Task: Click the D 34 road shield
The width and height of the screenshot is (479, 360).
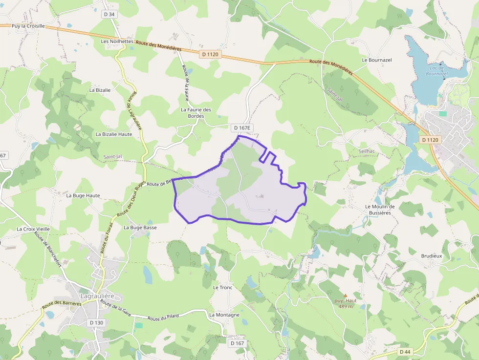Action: click(109, 14)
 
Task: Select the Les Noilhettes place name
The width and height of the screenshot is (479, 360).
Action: click(117, 42)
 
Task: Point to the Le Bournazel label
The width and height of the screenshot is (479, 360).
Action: click(377, 60)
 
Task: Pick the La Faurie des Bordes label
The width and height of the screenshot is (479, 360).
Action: click(196, 113)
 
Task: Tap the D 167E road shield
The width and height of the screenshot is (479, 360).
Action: click(242, 128)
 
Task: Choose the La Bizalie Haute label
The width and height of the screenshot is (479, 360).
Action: click(114, 134)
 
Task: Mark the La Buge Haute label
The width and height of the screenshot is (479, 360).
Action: click(83, 195)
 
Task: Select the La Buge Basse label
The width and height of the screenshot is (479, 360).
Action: click(140, 228)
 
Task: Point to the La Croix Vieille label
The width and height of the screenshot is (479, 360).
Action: click(33, 229)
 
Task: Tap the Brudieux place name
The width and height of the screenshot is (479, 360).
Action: click(432, 255)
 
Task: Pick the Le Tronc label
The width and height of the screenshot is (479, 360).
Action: click(222, 287)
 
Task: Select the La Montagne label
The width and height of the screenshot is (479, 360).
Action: click(224, 315)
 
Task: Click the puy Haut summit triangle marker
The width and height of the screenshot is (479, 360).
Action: click(346, 295)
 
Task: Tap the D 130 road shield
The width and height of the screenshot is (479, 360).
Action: click(97, 323)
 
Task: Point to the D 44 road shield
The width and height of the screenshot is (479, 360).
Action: click(405, 352)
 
